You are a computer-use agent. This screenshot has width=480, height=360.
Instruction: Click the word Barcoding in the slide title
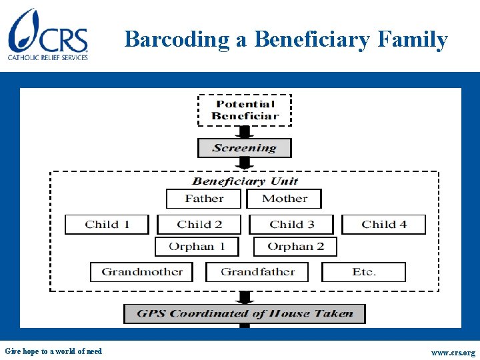177,39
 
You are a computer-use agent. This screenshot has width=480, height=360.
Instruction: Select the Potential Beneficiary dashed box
245,110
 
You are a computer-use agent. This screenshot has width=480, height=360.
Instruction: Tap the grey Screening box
245,148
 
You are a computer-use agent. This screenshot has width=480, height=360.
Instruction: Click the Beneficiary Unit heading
245,181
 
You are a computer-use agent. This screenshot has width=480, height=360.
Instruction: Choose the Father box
204,199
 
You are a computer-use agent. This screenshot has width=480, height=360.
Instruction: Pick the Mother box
284,199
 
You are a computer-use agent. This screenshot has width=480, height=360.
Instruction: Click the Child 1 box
107,225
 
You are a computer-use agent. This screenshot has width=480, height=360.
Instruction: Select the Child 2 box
199,225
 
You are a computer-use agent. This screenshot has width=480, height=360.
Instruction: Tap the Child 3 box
292,225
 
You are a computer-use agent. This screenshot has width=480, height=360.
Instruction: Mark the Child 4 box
384,225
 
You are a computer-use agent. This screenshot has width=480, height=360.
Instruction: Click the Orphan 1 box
197,247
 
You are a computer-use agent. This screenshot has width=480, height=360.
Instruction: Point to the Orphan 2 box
295,247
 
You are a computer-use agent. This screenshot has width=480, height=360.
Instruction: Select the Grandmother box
141,272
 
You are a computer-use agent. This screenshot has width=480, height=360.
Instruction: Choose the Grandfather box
258,272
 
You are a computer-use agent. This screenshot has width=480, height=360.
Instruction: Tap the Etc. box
364,272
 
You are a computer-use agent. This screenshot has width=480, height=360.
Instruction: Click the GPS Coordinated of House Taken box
245,313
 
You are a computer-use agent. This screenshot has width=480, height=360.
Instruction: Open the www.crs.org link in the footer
453,353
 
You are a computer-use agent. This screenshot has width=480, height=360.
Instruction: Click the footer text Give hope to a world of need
53,351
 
